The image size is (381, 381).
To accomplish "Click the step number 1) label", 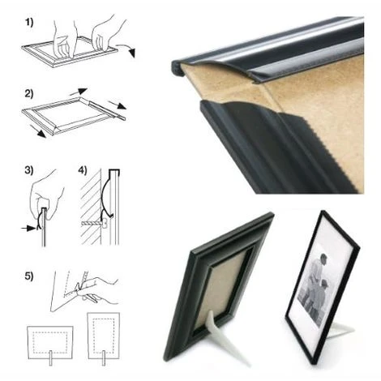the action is (29, 22).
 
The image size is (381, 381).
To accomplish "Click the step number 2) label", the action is (29, 94).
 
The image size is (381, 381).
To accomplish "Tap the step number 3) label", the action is (29, 170).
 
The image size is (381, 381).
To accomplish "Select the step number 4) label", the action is (83, 170).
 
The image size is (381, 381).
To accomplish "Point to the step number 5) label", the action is (29, 276).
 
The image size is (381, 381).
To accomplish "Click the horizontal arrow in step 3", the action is (28, 229).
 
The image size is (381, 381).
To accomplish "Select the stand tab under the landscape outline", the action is (50, 358).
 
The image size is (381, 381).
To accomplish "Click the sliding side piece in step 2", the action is (108, 109).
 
